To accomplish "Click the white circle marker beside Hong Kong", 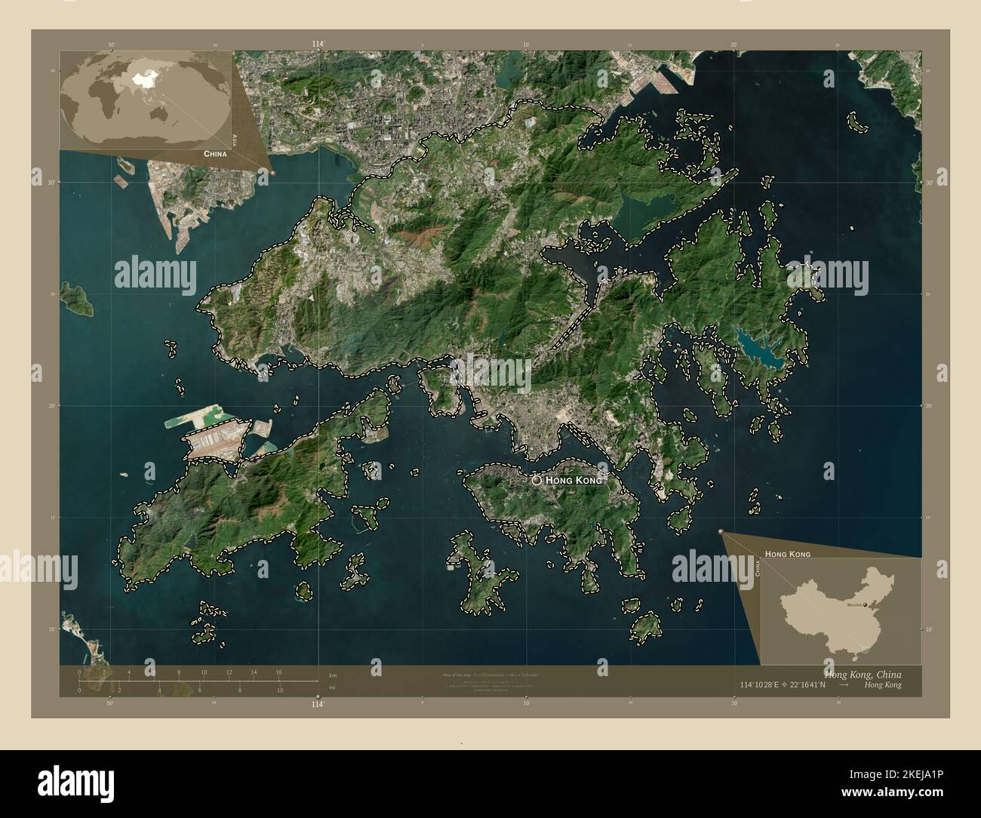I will point(537,479).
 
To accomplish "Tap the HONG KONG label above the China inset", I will point(788,554).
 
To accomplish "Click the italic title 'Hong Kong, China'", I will point(863,674).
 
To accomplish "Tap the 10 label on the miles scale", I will point(279,690).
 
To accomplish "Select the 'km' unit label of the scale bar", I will point(333,675).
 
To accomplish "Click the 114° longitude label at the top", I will point(318,45).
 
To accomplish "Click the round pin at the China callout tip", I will point(273,173).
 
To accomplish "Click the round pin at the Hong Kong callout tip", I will point(722,533).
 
